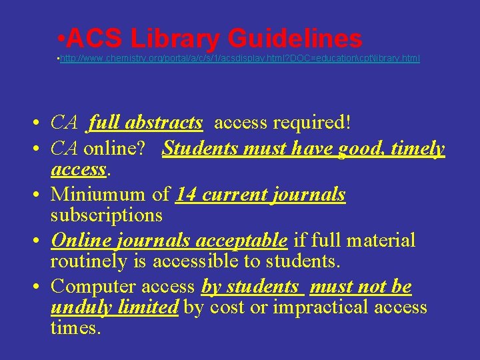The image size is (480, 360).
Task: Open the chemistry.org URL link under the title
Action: pos(240,59)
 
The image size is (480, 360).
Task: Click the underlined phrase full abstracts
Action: pos(145,123)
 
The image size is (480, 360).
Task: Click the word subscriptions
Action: pos(107,215)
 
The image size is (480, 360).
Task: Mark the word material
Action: pos(377,240)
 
